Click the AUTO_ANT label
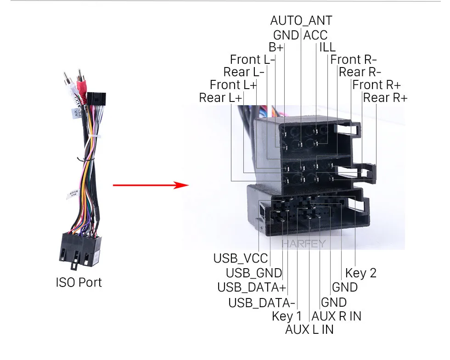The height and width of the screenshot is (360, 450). (x=301, y=21)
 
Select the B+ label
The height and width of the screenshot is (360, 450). (x=276, y=47)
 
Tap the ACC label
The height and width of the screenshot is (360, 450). (x=315, y=35)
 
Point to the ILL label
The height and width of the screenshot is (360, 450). (x=327, y=47)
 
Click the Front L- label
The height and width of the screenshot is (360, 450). (x=252, y=60)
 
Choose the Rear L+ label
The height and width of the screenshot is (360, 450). (x=220, y=98)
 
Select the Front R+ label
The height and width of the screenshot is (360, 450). (x=376, y=85)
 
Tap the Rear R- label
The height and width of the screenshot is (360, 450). (x=360, y=72)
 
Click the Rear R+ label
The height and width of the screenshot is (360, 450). (x=385, y=98)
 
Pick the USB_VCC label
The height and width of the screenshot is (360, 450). (x=241, y=258)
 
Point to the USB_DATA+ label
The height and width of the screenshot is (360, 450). (x=252, y=287)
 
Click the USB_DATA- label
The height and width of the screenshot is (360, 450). (x=261, y=303)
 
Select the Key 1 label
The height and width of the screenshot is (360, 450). (x=287, y=316)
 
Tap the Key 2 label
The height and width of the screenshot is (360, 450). (x=361, y=273)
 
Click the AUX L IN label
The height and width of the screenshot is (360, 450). (x=309, y=330)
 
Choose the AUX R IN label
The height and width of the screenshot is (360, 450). (x=336, y=316)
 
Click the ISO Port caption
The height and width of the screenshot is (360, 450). (x=79, y=282)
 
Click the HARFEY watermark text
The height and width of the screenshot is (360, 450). (x=304, y=244)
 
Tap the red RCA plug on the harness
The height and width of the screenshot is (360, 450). (x=82, y=86)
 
